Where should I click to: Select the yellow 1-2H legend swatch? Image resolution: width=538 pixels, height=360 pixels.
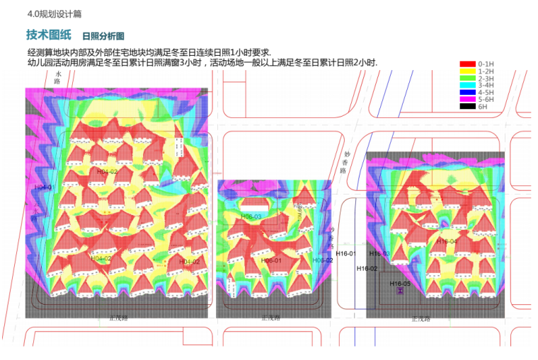468,71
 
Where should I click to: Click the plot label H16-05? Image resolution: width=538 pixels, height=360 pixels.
400,283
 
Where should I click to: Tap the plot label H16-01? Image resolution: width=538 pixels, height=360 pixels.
347,253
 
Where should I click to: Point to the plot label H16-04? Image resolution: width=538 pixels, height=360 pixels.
447,241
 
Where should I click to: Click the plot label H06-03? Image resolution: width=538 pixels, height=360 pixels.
251,216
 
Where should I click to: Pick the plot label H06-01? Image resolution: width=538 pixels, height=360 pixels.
272,260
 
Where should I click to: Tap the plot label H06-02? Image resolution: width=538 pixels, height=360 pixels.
324,260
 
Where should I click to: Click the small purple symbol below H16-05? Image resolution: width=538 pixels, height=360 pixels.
400,291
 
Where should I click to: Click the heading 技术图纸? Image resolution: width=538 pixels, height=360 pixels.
49,35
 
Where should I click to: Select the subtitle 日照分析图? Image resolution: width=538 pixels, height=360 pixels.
103,36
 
